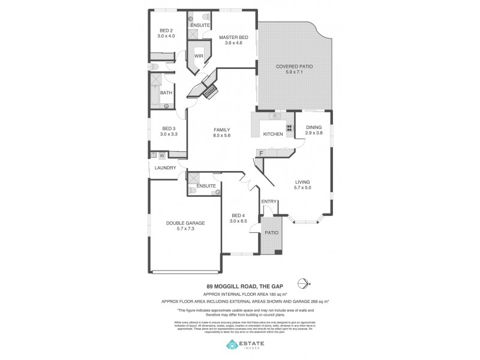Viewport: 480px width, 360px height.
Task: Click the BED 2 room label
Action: coord(166,31)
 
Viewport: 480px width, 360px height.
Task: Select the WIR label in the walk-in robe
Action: coord(199,56)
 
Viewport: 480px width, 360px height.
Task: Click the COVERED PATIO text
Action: coord(294,66)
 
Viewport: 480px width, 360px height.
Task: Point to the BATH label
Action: coord(166,92)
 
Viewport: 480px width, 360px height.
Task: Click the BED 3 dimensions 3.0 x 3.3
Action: coord(169,134)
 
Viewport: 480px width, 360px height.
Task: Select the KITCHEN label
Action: coord(273,134)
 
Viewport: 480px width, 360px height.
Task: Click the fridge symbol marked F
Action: coord(261,154)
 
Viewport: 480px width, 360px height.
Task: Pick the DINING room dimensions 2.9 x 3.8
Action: coord(314,133)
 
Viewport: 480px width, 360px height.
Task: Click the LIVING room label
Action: coord(303,182)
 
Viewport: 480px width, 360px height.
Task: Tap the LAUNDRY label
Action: coord(165,167)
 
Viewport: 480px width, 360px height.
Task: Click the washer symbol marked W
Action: coord(161,155)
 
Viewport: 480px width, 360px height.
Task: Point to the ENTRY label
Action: coord(268,201)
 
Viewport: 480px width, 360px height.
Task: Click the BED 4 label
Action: coord(238,215)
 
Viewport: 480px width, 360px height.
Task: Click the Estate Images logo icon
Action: coord(232,344)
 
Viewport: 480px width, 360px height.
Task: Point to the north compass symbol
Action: coord(308,284)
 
